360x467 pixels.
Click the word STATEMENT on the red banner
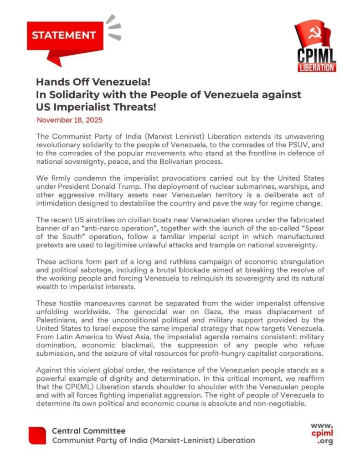64,35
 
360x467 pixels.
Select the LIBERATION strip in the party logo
318,67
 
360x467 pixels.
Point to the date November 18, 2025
69,121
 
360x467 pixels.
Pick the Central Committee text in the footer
88,431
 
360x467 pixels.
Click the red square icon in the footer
37,436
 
